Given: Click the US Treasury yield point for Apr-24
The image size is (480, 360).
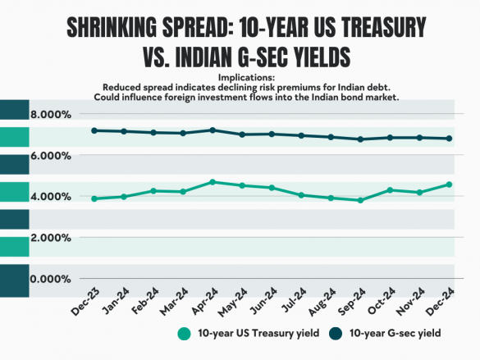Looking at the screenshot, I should coord(213,182).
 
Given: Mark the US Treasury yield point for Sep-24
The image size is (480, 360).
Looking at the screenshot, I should coord(360,200).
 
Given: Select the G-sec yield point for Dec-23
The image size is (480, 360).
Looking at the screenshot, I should coord(94,130).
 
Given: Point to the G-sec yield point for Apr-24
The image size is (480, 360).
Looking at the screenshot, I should coord(213,130).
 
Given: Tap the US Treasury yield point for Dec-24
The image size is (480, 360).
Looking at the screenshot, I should coord(449,185).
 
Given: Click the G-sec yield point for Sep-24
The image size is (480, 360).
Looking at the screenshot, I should coord(360,139).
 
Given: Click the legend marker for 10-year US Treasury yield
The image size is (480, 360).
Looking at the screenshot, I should coord(184,334).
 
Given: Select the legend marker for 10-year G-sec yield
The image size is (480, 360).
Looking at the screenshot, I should coord(336,334).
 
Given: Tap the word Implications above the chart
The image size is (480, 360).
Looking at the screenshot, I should coord(240,77).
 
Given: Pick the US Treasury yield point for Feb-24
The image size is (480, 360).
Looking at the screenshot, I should coord(153,190).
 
